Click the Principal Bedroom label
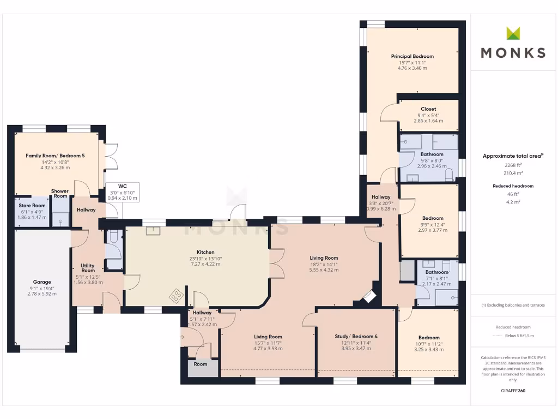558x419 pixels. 412,56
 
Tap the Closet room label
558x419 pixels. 428,109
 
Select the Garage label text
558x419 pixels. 41,283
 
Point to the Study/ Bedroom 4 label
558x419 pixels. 356,336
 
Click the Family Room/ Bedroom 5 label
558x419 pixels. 55,155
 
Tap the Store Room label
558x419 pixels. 32,205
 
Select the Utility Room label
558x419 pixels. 88,267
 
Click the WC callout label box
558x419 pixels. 123,192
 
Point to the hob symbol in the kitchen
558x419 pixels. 177,296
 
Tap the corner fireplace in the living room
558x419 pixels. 370,297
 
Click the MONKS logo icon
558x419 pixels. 513,33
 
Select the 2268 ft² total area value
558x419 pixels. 512,165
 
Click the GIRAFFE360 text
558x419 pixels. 513,391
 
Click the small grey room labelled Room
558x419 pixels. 201,364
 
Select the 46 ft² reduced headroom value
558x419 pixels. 512,194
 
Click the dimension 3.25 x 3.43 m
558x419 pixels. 428,349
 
